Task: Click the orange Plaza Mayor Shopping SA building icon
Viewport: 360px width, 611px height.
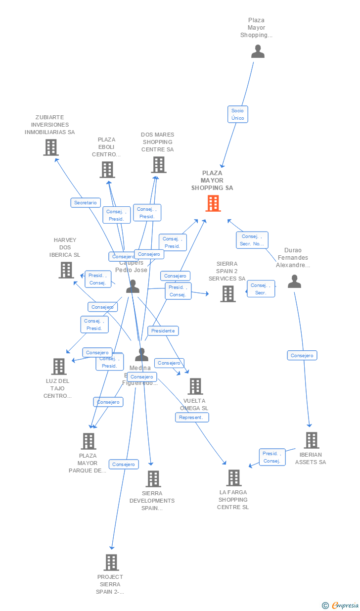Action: point(213,203)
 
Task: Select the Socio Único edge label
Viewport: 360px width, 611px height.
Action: point(237,114)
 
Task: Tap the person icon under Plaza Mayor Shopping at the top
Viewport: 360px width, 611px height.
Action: point(258,51)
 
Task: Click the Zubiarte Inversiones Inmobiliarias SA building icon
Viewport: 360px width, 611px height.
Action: point(50,147)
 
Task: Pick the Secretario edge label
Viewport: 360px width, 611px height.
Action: point(86,202)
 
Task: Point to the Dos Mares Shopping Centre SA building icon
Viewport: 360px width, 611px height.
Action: point(158,165)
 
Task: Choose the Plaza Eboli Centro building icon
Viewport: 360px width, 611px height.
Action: point(107,169)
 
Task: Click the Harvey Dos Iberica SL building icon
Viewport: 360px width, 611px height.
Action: point(66,270)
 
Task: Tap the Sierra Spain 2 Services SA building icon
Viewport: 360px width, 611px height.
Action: point(228,293)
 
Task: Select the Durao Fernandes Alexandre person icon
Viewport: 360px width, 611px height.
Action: point(294,282)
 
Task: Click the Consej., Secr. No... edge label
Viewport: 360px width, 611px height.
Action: point(252,240)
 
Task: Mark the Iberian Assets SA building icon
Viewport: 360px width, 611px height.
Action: point(311,440)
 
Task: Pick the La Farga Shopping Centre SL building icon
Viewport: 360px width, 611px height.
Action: point(234,477)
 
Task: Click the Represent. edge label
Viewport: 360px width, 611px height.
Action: point(192,418)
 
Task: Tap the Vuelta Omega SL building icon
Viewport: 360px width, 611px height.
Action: point(195,386)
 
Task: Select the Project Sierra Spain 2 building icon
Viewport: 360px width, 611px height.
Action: point(111,562)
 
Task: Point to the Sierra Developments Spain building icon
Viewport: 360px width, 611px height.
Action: point(153,478)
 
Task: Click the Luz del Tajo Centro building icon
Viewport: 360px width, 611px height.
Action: point(59,366)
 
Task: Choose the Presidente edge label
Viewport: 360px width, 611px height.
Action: point(163,330)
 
